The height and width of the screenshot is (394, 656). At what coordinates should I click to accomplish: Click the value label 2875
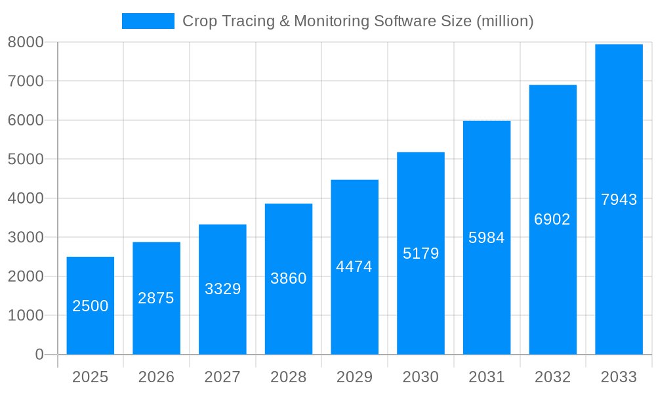coord(156,298)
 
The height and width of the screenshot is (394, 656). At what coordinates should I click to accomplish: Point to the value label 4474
coord(354,267)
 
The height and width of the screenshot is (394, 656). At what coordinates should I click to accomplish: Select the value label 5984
coord(487,238)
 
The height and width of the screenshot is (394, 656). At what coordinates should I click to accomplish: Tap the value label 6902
coord(552,219)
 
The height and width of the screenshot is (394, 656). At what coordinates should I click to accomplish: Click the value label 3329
coord(223,289)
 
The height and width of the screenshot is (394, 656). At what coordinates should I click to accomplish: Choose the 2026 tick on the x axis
coord(156,377)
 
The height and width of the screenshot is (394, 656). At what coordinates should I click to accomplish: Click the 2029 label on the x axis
coord(354,377)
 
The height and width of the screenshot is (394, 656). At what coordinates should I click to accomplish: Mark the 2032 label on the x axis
coord(552,377)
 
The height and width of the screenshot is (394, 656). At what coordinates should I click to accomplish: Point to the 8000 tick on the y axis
coord(26,42)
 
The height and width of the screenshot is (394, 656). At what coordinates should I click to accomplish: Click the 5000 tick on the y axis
coord(26,159)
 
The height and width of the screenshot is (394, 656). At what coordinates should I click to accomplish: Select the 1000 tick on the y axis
coord(26,315)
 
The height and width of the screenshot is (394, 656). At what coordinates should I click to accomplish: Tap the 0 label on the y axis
coord(39,355)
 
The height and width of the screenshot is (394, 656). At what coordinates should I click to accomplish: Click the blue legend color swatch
coord(148,21)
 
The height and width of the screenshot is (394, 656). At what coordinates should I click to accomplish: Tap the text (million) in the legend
coord(505,21)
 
